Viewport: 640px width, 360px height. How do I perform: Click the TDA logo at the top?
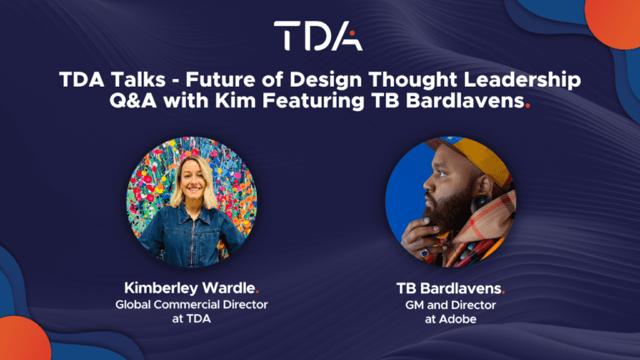[318, 36]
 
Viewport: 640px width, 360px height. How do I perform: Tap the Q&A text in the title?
[133, 100]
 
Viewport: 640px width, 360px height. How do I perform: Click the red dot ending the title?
[527, 106]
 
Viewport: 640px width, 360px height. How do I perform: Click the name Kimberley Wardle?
[190, 288]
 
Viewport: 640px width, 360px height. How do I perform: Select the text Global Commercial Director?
[192, 304]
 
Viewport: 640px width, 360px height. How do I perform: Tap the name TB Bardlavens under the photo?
[449, 288]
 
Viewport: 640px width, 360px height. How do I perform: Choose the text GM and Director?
[450, 305]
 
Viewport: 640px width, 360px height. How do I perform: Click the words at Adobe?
[450, 319]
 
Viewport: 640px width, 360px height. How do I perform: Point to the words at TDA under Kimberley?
[192, 318]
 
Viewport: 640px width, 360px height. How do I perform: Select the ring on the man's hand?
[424, 253]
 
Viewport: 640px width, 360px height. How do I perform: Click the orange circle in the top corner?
[613, 22]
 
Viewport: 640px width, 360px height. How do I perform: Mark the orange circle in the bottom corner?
[23, 339]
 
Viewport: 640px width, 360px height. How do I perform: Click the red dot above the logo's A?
[352, 33]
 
